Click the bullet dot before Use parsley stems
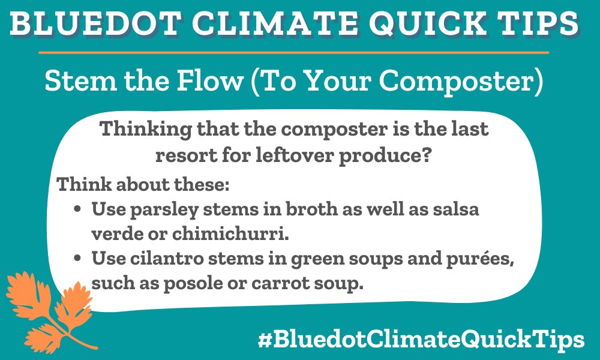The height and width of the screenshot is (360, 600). [x=78, y=211]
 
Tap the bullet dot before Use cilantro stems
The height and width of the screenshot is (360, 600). [x=78, y=259]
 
